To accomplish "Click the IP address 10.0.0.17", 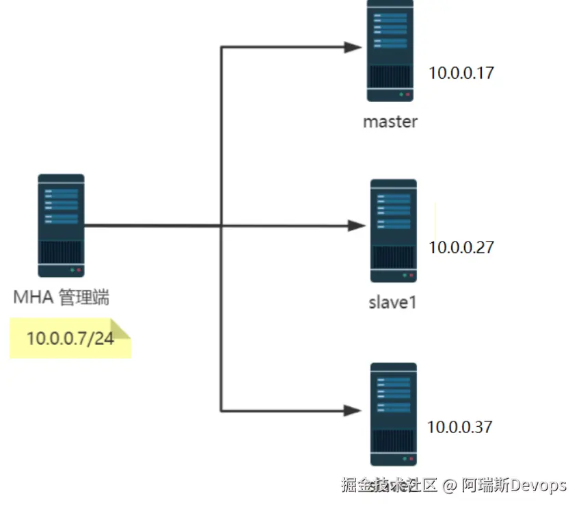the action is click(x=461, y=73).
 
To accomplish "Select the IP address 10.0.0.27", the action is click(x=461, y=247).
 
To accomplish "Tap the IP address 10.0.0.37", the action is click(x=459, y=427).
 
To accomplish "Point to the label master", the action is click(x=390, y=122).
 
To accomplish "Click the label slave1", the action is click(x=393, y=301).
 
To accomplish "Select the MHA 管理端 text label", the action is click(x=62, y=298).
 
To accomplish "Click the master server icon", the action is click(x=390, y=51).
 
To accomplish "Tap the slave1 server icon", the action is click(x=393, y=231).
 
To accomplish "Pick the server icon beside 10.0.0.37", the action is click(x=393, y=414).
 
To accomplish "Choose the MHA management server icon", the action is click(x=61, y=225).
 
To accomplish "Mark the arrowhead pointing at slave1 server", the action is click(x=357, y=225).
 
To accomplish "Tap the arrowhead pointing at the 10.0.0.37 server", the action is click(x=353, y=410).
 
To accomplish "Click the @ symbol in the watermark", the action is click(x=448, y=486).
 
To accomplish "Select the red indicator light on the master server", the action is click(x=408, y=94).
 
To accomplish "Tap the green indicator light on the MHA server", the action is click(x=72, y=270).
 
